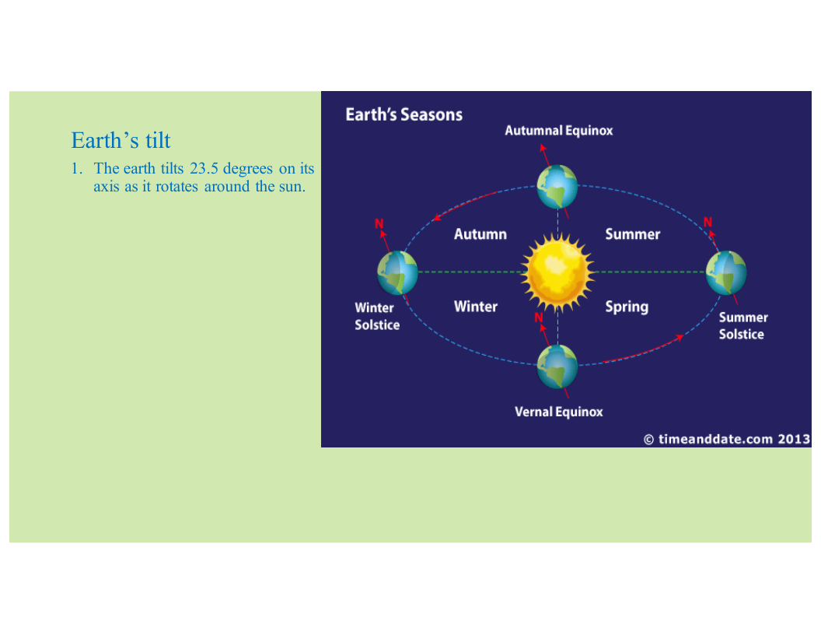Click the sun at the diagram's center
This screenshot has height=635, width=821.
[x=557, y=272]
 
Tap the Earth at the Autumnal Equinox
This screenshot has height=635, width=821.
[x=557, y=187]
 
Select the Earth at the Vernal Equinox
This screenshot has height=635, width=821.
[x=557, y=367]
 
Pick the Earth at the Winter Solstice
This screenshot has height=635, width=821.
[x=397, y=272]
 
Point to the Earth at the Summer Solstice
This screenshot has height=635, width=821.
[x=726, y=272]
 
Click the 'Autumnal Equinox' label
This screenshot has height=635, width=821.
[x=559, y=131]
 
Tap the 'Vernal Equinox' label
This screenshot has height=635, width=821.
[x=559, y=412]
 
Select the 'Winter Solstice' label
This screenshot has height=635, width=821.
[x=377, y=317]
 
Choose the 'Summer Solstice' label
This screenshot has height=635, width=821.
[x=743, y=326]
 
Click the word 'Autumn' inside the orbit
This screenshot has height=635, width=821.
[x=480, y=234]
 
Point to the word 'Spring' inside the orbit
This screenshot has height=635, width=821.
[x=627, y=307]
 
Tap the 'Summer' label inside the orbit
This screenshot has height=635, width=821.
[x=633, y=234]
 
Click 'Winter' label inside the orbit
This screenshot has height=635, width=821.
[x=476, y=307]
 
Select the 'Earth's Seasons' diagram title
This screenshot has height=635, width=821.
[x=404, y=114]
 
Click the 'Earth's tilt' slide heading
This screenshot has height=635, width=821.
[x=121, y=140]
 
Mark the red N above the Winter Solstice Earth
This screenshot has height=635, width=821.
[x=379, y=223]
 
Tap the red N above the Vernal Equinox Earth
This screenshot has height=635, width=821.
[x=539, y=317]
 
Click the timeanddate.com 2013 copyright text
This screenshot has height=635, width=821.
[x=727, y=439]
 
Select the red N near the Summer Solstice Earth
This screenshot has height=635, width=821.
[x=708, y=222]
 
